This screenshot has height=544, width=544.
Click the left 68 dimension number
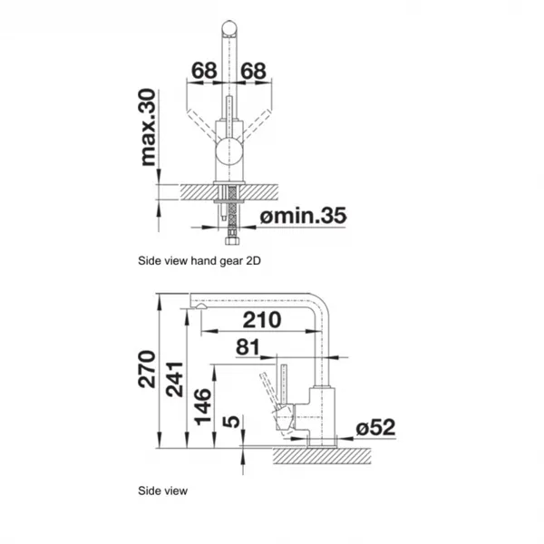pyautogui.click(x=204, y=71)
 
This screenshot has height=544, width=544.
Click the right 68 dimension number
pyautogui.click(x=253, y=71)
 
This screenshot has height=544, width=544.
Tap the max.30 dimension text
pyautogui.click(x=147, y=127)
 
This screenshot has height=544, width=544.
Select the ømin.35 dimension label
pyautogui.click(x=303, y=215)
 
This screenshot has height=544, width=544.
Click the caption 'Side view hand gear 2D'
pyautogui.click(x=199, y=260)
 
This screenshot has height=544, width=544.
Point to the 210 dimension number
pyautogui.click(x=262, y=319)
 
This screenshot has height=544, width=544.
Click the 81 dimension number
pyautogui.click(x=248, y=347)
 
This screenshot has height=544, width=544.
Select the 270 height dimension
pyautogui.click(x=147, y=369)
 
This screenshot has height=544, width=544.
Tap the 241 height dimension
pyautogui.click(x=174, y=379)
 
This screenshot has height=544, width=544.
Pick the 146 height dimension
pyautogui.click(x=202, y=406)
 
